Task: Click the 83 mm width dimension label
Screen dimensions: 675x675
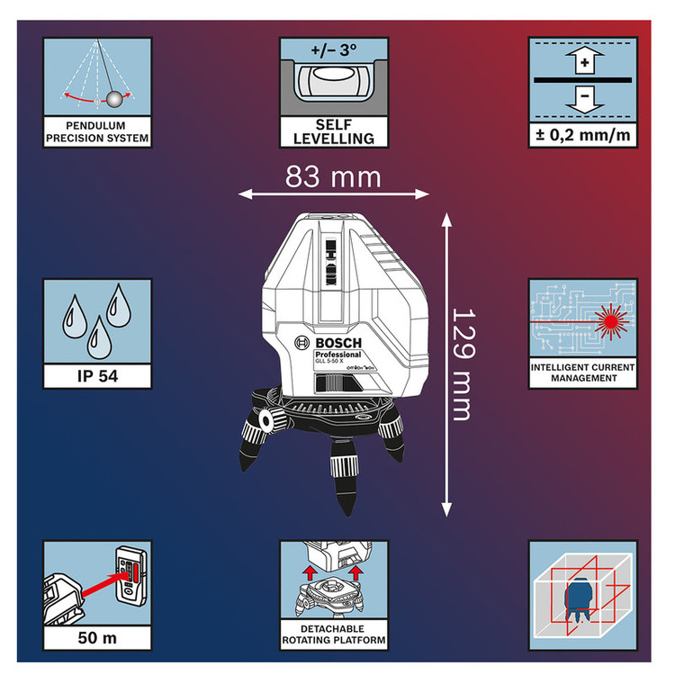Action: point(333,176)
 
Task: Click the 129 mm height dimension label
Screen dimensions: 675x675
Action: point(462,364)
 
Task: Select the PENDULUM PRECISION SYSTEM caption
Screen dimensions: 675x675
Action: point(96,132)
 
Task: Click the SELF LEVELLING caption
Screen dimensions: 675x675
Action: point(334,131)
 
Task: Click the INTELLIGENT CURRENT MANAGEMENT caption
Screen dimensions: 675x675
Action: point(582,373)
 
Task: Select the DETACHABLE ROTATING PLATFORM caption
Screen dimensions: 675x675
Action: point(333,633)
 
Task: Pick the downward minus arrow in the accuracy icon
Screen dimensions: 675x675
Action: point(583,98)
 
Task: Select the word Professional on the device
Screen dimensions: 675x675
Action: point(337,355)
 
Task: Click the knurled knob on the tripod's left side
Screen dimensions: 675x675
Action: point(266,420)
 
